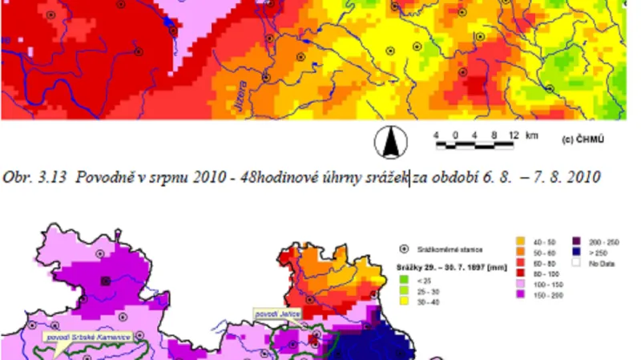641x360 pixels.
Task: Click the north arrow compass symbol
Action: (391, 143)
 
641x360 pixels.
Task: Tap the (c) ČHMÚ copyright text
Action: (583, 140)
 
